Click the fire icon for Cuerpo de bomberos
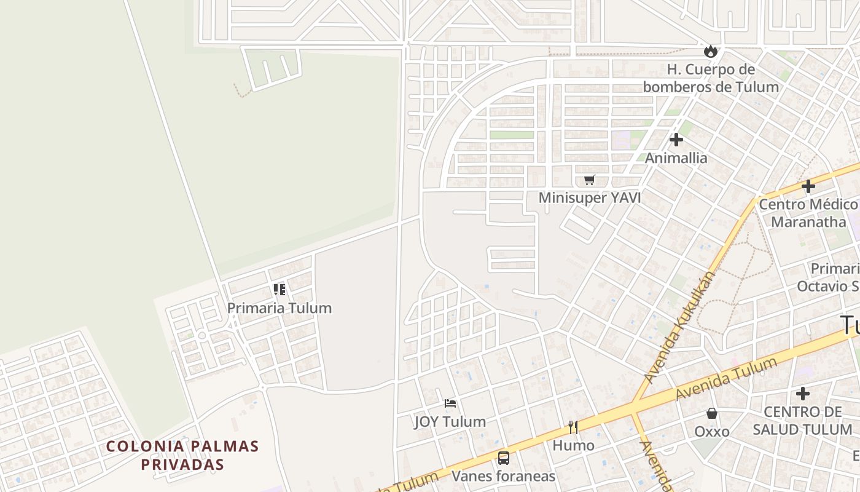pyautogui.click(x=711, y=51)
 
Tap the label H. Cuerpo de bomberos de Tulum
pyautogui.click(x=711, y=78)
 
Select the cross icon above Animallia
pyautogui.click(x=676, y=140)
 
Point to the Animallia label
pyautogui.click(x=676, y=158)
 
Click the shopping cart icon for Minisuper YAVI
pyautogui.click(x=590, y=180)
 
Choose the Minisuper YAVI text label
pyautogui.click(x=590, y=198)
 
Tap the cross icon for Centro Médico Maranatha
pyautogui.click(x=808, y=186)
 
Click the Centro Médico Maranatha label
pyautogui.click(x=808, y=213)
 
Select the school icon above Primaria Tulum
pyautogui.click(x=279, y=289)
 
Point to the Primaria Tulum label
pyautogui.click(x=279, y=308)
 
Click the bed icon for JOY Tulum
pyautogui.click(x=450, y=403)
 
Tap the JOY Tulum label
pyautogui.click(x=450, y=422)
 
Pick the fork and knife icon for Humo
pyautogui.click(x=573, y=427)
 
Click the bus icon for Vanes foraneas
pyautogui.click(x=504, y=458)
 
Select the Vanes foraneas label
pyautogui.click(x=504, y=476)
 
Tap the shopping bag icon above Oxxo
pyautogui.click(x=712, y=413)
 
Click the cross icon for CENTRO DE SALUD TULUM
pyautogui.click(x=802, y=394)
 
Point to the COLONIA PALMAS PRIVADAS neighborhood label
pyautogui.click(x=182, y=455)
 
